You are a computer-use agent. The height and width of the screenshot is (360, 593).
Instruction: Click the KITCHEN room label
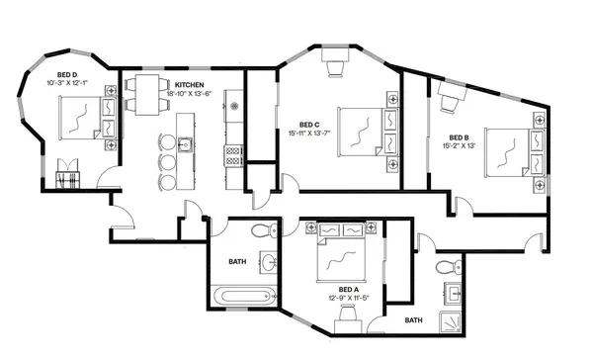[190, 86]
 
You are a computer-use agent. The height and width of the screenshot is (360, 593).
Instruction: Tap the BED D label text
[67, 74]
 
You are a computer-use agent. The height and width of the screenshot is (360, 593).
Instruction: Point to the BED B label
[461, 136]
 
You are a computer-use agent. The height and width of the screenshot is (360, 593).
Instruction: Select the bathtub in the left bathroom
[244, 296]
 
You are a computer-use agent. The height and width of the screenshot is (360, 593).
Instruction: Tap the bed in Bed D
[78, 122]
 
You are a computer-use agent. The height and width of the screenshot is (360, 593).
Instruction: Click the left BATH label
[237, 262]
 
